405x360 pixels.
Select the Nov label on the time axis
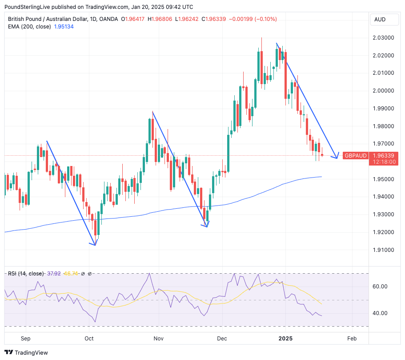tap(159, 339)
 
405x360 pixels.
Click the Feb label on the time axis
tap(351, 339)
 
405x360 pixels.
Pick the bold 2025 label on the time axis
tap(285, 339)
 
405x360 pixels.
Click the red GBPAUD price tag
tap(355, 155)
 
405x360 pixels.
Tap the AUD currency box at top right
tap(380, 20)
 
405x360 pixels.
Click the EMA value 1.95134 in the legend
tap(64, 27)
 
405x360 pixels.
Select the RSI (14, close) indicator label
tap(26, 273)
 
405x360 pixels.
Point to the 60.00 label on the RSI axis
tap(380, 287)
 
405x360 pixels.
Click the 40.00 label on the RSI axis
tap(380, 313)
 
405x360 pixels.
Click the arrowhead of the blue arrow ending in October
tap(95, 244)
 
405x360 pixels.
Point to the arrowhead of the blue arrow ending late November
tap(207, 226)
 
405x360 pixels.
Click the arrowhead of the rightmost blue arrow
tap(337, 157)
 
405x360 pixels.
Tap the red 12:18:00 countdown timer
tap(385, 162)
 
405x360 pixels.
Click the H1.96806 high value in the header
tap(161, 19)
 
